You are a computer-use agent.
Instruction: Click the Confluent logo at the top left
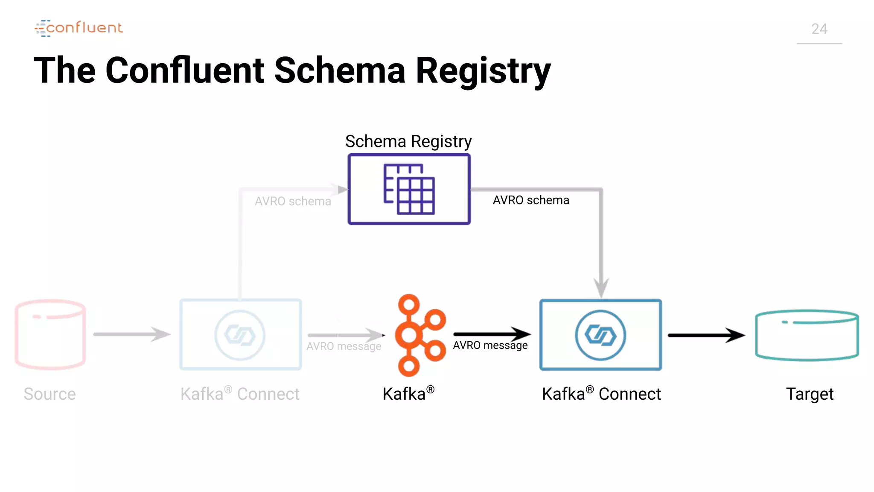pyautogui.click(x=79, y=28)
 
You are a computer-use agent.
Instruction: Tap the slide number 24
pyautogui.click(x=819, y=29)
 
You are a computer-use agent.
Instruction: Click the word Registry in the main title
pyautogui.click(x=483, y=70)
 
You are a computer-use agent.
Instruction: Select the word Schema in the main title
pyautogui.click(x=339, y=70)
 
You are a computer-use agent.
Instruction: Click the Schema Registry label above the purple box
pyautogui.click(x=408, y=141)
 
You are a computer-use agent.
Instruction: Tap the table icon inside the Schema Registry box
pyautogui.click(x=409, y=189)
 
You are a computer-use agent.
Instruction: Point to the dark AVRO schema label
pyautogui.click(x=531, y=200)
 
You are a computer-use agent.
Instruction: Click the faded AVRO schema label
pyautogui.click(x=293, y=201)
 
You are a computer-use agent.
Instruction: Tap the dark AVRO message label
pyautogui.click(x=490, y=345)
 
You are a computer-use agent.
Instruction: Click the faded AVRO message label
pyautogui.click(x=344, y=346)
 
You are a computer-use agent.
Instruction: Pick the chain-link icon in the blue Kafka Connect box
pyautogui.click(x=600, y=335)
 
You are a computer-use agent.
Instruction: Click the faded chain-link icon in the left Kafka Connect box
pyautogui.click(x=240, y=335)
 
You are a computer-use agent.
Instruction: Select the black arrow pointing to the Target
pyautogui.click(x=706, y=335)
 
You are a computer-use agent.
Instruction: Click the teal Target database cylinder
pyautogui.click(x=807, y=335)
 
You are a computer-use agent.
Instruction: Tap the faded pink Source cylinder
pyautogui.click(x=50, y=334)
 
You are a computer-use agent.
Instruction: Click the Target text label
pyautogui.click(x=810, y=394)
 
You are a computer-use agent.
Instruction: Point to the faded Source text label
pyautogui.click(x=50, y=394)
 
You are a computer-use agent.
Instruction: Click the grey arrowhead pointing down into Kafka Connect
pyautogui.click(x=601, y=287)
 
